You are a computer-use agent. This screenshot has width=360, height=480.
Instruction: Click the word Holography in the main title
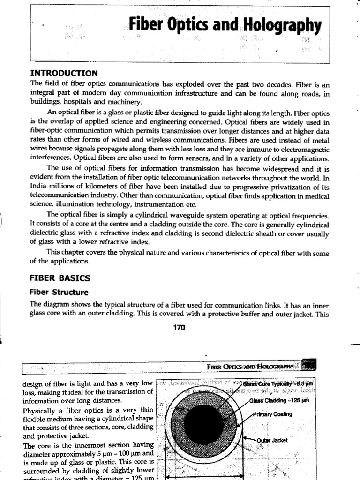(x=284, y=26)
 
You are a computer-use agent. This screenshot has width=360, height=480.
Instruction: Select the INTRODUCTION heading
(x=64, y=73)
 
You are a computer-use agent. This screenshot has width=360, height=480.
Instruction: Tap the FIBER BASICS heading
(x=60, y=277)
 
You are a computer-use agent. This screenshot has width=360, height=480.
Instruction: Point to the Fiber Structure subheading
(x=59, y=292)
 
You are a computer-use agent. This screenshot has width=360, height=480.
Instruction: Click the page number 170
(x=180, y=328)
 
